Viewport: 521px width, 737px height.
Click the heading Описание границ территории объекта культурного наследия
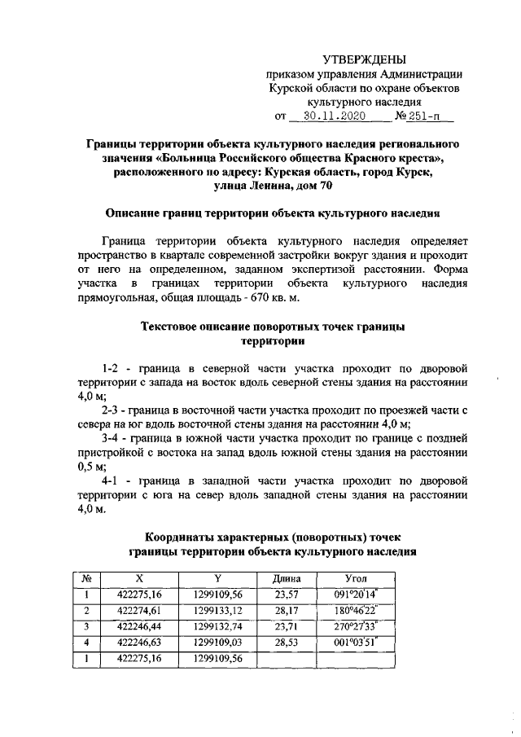click(273, 213)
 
